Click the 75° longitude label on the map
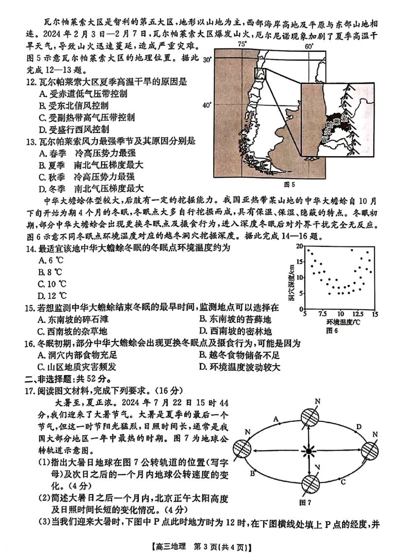click(242, 44)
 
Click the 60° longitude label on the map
click(309, 46)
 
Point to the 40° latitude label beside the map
click(207, 105)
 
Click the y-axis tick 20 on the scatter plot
click(300, 245)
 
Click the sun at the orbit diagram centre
click(309, 451)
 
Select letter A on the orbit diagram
click(276, 420)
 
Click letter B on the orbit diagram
click(252, 474)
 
